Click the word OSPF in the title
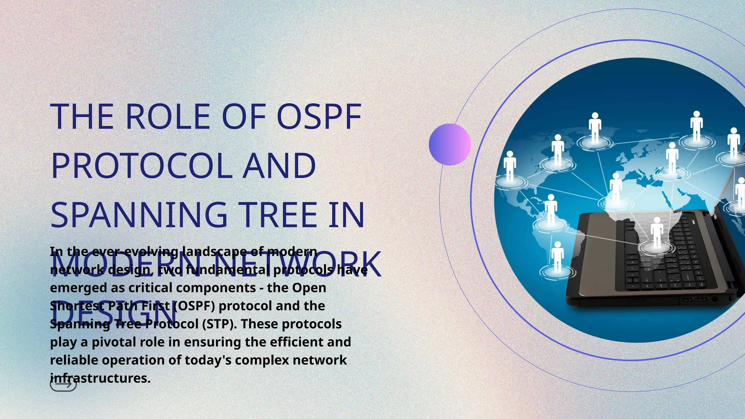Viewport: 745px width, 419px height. coord(319,117)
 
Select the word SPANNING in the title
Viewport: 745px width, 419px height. coord(139,215)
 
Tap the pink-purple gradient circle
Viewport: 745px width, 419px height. coord(450,144)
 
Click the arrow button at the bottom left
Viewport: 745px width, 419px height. coord(63,384)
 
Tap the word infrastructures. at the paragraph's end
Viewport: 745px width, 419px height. coord(100,378)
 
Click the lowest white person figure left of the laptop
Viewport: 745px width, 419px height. coord(557,258)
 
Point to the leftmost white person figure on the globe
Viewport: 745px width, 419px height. coord(510,166)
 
